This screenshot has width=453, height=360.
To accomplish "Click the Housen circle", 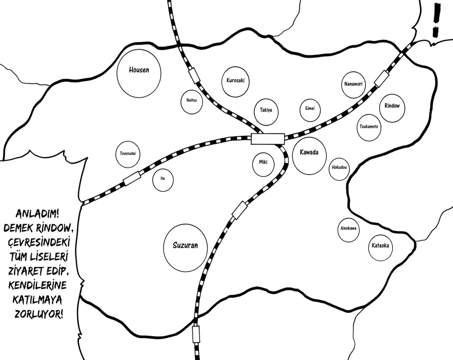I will [139, 73].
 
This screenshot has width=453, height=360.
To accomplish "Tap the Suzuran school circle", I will [185, 248].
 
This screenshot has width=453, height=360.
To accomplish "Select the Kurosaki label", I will [235, 80].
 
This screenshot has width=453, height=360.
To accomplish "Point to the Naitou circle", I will [192, 102].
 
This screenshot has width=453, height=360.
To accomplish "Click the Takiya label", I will [266, 110].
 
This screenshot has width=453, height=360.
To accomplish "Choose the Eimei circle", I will [310, 110].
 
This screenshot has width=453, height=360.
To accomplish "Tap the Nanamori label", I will [353, 84].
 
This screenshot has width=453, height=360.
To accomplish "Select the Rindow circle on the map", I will [392, 108].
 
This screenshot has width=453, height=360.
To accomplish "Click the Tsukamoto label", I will [369, 127].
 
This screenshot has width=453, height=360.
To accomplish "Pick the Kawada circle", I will [309, 156].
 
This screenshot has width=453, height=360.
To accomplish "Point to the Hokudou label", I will [339, 167].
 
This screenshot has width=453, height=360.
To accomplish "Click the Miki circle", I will [263, 164].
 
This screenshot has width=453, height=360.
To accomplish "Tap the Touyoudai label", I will [128, 154].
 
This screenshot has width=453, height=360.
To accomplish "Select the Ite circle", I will [163, 180].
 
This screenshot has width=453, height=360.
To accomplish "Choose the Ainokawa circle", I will [349, 230].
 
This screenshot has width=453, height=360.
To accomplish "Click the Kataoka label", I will [380, 246].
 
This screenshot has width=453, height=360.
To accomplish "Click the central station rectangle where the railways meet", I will [268, 139].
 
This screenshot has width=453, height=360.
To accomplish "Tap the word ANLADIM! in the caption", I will [37, 214].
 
